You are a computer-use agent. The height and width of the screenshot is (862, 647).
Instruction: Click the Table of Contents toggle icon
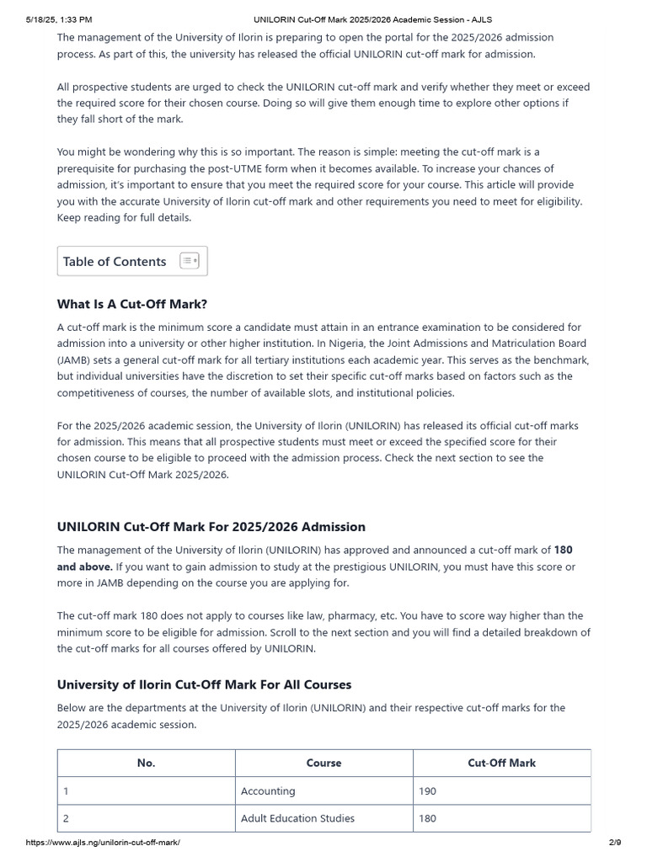[x=190, y=261]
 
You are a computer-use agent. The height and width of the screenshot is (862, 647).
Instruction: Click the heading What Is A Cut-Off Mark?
[x=131, y=304]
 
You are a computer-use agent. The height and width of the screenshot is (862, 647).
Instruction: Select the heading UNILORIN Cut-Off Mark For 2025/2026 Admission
[x=211, y=526]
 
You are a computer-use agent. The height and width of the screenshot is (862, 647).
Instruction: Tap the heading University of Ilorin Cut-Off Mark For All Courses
[x=204, y=684]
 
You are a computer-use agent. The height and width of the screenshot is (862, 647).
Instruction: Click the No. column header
[x=146, y=763]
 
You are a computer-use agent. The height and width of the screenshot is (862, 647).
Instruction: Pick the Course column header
[x=323, y=763]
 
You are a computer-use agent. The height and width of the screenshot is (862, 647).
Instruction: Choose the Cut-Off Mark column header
[x=501, y=763]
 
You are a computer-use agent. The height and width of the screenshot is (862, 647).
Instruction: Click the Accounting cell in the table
[x=268, y=791]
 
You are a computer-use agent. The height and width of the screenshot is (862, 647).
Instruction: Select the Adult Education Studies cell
[x=297, y=818]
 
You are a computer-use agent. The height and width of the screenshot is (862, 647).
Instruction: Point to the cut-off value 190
[x=427, y=791]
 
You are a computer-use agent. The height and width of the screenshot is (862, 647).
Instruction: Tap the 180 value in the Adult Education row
[x=427, y=818]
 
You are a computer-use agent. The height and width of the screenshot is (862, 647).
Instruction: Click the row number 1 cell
[x=66, y=791]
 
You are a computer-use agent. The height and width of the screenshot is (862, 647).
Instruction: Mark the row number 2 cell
[x=67, y=818]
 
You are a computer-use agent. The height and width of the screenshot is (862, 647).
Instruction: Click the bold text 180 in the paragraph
[x=563, y=550]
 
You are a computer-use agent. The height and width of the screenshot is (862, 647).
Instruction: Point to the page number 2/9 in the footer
[x=614, y=843]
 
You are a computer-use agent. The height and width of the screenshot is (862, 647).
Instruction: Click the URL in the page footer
[x=103, y=843]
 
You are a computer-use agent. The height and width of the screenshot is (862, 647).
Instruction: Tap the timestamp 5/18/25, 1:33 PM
[x=59, y=19]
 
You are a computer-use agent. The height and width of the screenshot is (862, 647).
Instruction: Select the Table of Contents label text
[x=115, y=261]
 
